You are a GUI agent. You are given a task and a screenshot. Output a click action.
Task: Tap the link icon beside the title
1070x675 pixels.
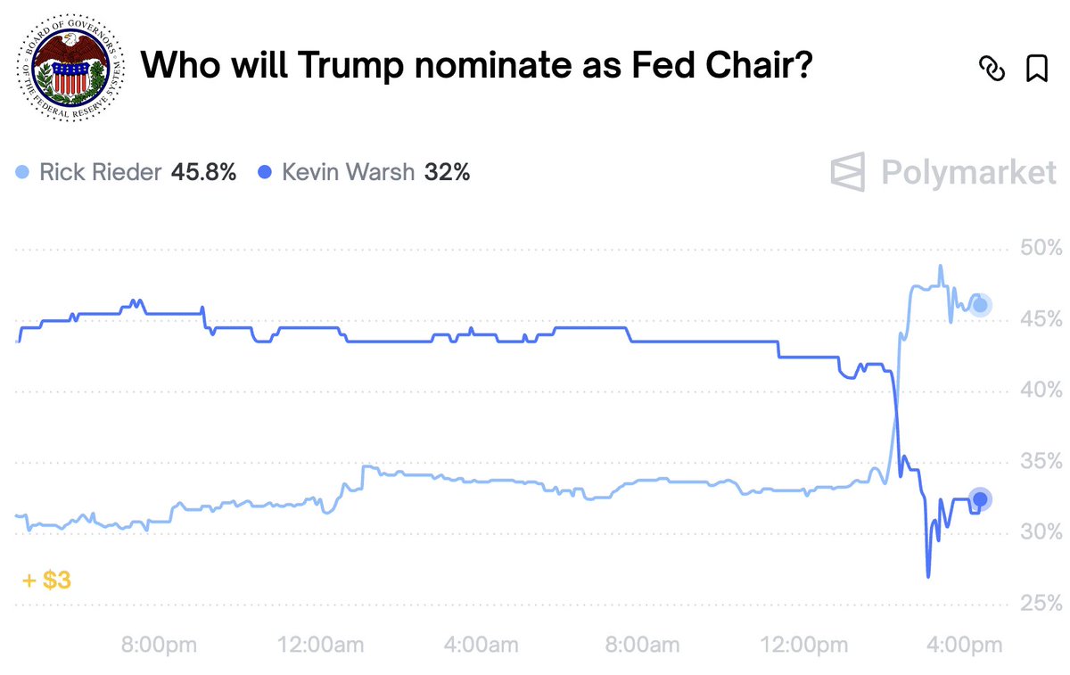(x=992, y=69)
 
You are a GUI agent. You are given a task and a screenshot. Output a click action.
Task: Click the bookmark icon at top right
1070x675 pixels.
(x=1036, y=69)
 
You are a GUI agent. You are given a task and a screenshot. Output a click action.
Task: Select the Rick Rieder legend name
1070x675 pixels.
(x=99, y=171)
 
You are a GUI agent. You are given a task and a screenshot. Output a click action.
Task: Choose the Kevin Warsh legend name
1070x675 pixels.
(x=348, y=171)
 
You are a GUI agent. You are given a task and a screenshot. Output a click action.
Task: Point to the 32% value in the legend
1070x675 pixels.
(x=447, y=171)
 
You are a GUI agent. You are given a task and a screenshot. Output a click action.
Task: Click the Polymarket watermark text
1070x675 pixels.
(x=968, y=171)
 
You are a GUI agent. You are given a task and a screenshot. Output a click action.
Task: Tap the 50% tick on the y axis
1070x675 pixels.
(x=1040, y=248)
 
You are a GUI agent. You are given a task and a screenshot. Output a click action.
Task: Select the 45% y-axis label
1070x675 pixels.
(x=1040, y=319)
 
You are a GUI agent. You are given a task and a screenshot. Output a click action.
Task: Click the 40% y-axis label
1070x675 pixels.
(x=1040, y=391)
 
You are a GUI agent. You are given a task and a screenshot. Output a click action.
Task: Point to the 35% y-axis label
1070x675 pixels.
(x=1040, y=462)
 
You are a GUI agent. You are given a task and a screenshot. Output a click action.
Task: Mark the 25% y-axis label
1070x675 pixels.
(x=1040, y=605)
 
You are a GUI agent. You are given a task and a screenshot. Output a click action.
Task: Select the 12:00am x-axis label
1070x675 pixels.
(x=322, y=645)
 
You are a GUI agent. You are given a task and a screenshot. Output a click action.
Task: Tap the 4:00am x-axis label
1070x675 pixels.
(x=481, y=645)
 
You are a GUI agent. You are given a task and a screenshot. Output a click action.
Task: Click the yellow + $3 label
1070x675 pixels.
(x=46, y=580)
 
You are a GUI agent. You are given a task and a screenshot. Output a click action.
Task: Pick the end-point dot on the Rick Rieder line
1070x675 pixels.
(x=980, y=306)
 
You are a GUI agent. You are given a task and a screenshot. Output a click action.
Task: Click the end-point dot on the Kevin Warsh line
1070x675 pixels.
(x=980, y=499)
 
